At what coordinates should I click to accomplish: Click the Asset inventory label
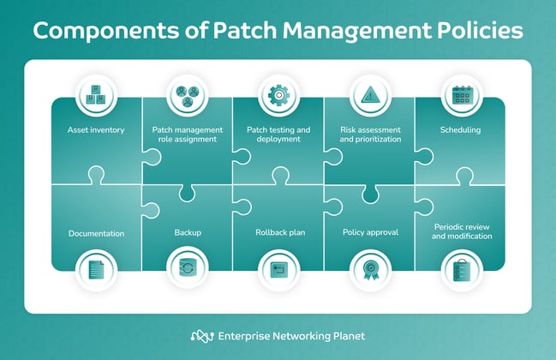click(95, 131)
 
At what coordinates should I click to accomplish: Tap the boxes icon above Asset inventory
click(95, 95)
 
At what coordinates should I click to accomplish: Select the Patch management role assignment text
click(188, 135)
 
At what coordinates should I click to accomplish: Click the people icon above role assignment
click(187, 95)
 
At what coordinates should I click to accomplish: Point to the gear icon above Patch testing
click(278, 95)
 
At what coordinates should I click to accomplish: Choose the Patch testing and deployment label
click(278, 135)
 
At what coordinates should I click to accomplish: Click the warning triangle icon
click(369, 95)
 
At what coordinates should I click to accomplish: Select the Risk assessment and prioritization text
click(369, 135)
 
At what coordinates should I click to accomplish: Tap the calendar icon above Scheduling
click(461, 95)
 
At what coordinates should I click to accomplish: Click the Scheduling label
click(461, 131)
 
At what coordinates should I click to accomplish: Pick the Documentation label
click(95, 232)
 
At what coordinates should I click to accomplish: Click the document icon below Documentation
click(95, 269)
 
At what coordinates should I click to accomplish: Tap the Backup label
click(187, 232)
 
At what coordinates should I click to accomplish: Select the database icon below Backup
click(187, 269)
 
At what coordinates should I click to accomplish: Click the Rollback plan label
click(278, 232)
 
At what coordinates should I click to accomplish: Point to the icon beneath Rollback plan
click(278, 269)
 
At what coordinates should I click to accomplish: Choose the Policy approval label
click(369, 232)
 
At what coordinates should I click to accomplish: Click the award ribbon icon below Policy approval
click(369, 269)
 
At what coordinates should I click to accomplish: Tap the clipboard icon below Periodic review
click(461, 269)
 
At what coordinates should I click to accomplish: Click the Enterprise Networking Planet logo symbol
click(202, 335)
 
